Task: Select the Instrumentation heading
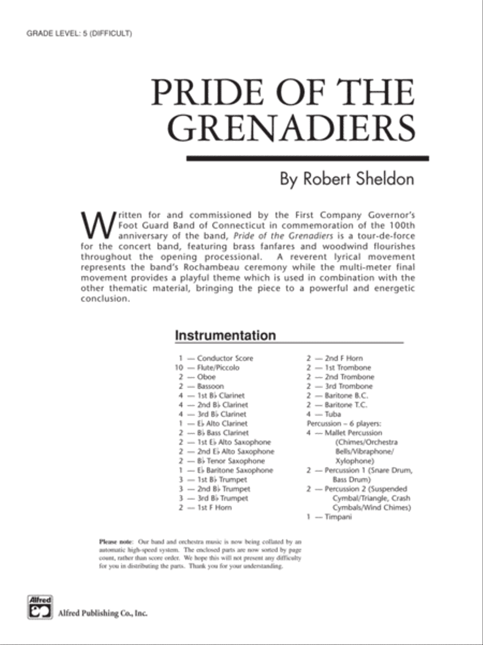click(x=225, y=335)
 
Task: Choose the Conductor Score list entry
click(x=225, y=358)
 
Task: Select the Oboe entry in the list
click(x=206, y=377)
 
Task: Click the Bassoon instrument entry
click(x=210, y=386)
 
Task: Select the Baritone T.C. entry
click(x=346, y=405)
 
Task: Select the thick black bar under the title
click(x=308, y=158)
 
